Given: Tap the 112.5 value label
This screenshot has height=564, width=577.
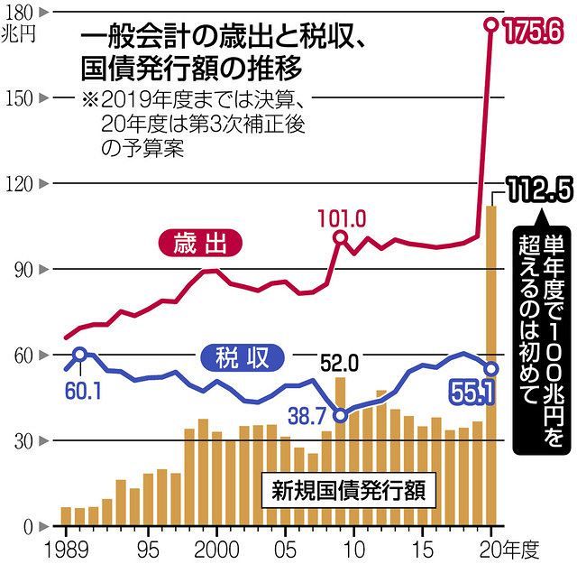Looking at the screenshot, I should [539, 191].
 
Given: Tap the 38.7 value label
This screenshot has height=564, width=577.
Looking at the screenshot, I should [306, 414].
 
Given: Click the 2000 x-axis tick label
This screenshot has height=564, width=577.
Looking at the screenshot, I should [215, 549].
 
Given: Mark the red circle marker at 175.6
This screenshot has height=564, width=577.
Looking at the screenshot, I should [492, 25].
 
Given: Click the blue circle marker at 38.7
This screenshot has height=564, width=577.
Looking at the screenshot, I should [340, 415].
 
